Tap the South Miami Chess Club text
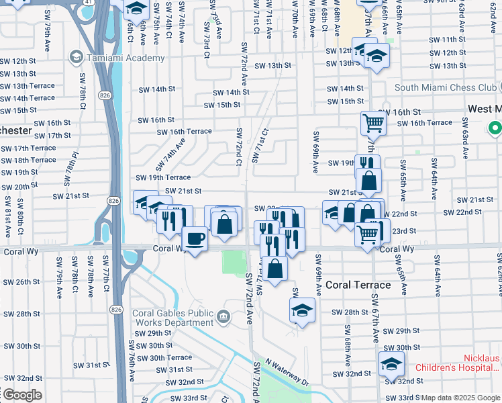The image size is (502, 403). pos(445,87)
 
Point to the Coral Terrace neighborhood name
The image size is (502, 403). pos(358,285)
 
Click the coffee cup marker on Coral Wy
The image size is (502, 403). pos(195,239)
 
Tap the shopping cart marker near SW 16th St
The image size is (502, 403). pos(373,123)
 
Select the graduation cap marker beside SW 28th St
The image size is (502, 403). pos(302,310)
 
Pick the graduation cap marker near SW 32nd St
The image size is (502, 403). pos(391,364)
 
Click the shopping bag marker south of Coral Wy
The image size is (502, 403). pos(274,268)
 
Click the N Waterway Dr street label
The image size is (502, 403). pos(287,372)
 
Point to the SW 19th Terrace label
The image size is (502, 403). pos(163,177)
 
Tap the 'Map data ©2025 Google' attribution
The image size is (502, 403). pos(460,398)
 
